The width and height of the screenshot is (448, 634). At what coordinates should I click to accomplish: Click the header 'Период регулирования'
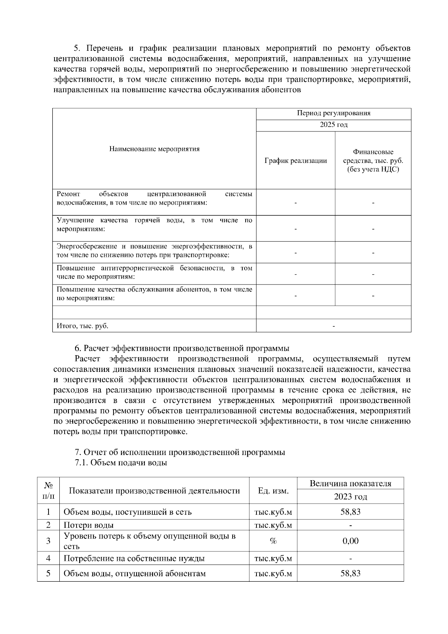tap(333, 114)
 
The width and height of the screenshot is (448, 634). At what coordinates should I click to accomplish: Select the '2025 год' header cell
tap(333, 125)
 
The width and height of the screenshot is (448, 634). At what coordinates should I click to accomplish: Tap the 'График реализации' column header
tap(295, 161)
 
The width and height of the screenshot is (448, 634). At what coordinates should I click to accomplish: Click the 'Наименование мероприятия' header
tap(154, 149)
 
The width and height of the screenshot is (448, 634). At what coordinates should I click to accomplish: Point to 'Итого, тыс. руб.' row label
tap(83, 326)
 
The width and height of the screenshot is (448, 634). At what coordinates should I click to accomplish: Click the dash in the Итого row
tap(333, 326)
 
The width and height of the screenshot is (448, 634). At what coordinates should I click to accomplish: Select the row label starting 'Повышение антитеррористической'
tap(154, 273)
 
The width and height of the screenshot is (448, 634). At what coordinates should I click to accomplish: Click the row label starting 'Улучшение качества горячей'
tap(154, 225)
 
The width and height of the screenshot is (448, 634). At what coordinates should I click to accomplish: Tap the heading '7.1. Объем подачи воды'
tap(121, 463)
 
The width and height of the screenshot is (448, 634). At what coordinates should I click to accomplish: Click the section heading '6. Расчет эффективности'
tap(182, 348)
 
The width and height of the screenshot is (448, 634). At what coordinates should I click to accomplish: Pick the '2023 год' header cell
tap(350, 497)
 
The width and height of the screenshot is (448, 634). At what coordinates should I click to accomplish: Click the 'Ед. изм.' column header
tap(273, 491)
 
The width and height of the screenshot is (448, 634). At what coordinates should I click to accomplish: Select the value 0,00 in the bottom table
tap(350, 541)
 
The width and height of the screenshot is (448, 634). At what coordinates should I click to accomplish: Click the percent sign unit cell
tap(273, 541)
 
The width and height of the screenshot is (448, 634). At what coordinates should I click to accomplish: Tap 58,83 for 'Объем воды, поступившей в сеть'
tap(350, 512)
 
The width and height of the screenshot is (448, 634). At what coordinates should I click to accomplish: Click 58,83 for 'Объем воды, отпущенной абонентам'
tap(350, 574)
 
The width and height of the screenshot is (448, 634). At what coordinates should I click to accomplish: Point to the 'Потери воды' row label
tap(88, 525)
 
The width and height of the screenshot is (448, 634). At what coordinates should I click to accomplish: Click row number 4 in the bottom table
tap(48, 559)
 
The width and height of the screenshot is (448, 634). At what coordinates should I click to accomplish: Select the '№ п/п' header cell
tap(48, 491)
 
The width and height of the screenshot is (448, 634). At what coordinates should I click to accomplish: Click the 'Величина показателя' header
tap(350, 484)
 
